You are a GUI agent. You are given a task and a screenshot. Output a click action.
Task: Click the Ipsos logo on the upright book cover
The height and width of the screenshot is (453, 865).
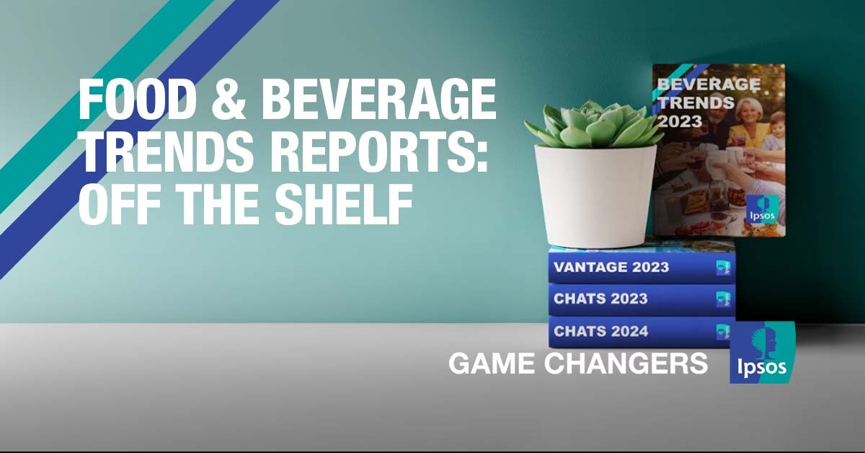point(763,209)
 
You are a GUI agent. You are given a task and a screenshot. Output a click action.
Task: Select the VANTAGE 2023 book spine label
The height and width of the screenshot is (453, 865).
point(611,267)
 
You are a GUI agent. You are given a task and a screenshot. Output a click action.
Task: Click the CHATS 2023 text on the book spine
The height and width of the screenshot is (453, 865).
point(600,299)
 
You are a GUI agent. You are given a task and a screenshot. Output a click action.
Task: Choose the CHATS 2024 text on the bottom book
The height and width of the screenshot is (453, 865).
point(601,331)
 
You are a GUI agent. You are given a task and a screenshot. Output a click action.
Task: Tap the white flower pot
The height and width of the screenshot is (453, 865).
point(595,195)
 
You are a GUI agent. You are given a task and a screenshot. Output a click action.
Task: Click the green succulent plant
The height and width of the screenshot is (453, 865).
point(595,123)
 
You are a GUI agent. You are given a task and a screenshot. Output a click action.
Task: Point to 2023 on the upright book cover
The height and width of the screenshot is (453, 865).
point(680,121)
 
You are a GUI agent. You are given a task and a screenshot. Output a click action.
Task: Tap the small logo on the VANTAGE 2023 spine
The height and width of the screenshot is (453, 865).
point(723,268)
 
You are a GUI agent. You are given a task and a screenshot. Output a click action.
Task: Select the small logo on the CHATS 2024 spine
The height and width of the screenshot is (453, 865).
point(723,332)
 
